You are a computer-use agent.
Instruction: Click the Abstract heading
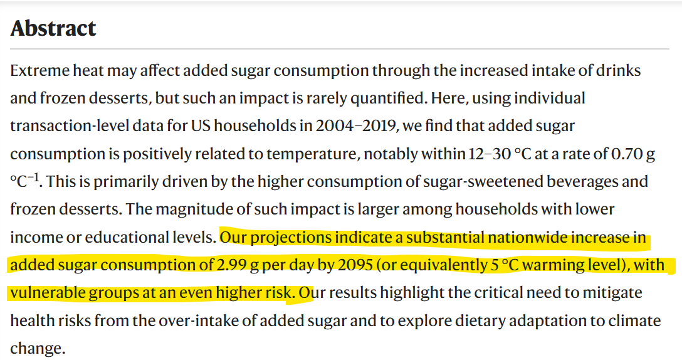[x=53, y=28]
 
